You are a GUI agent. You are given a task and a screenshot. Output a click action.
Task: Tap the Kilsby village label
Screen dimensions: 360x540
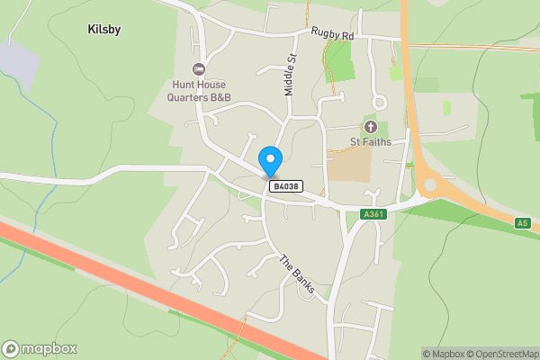[104, 30]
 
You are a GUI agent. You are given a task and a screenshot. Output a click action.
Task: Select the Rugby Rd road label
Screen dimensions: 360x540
[334, 33]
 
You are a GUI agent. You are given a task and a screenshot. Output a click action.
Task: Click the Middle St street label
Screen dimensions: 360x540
[290, 75]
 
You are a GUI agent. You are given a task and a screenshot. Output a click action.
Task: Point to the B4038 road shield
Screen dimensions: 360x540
[285, 186]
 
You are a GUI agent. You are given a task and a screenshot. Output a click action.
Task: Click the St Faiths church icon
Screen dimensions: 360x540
[370, 125]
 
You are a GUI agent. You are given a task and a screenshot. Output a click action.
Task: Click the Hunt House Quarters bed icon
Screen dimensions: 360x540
[199, 69]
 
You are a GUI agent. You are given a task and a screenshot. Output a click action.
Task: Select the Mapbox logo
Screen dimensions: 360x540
[39, 348]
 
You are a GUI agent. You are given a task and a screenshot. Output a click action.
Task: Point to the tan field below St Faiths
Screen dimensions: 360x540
[349, 164]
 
